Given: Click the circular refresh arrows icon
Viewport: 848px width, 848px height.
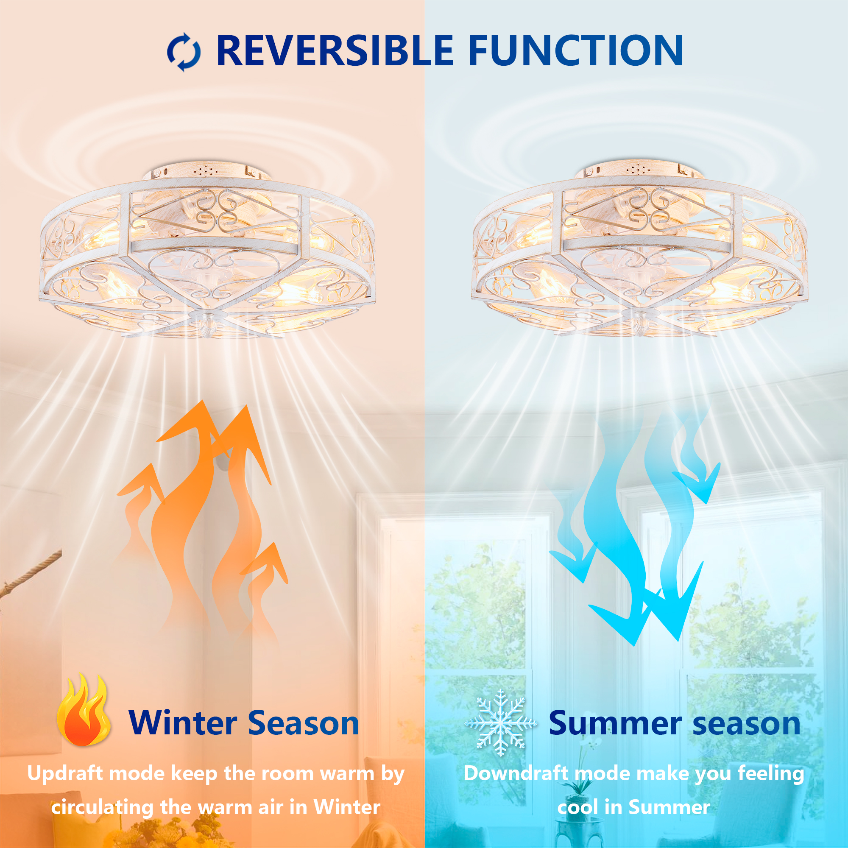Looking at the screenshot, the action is pyautogui.click(x=184, y=52).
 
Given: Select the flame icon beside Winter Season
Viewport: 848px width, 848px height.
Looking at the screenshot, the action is pyautogui.click(x=84, y=710).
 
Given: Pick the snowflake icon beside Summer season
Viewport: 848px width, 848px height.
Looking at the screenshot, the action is pyautogui.click(x=500, y=723).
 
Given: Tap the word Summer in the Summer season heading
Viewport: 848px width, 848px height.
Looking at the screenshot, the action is pyautogui.click(x=615, y=723).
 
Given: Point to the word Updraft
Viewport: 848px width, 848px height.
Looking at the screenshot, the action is pyautogui.click(x=65, y=774).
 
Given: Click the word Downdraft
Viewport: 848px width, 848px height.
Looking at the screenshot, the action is pyautogui.click(x=515, y=774).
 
